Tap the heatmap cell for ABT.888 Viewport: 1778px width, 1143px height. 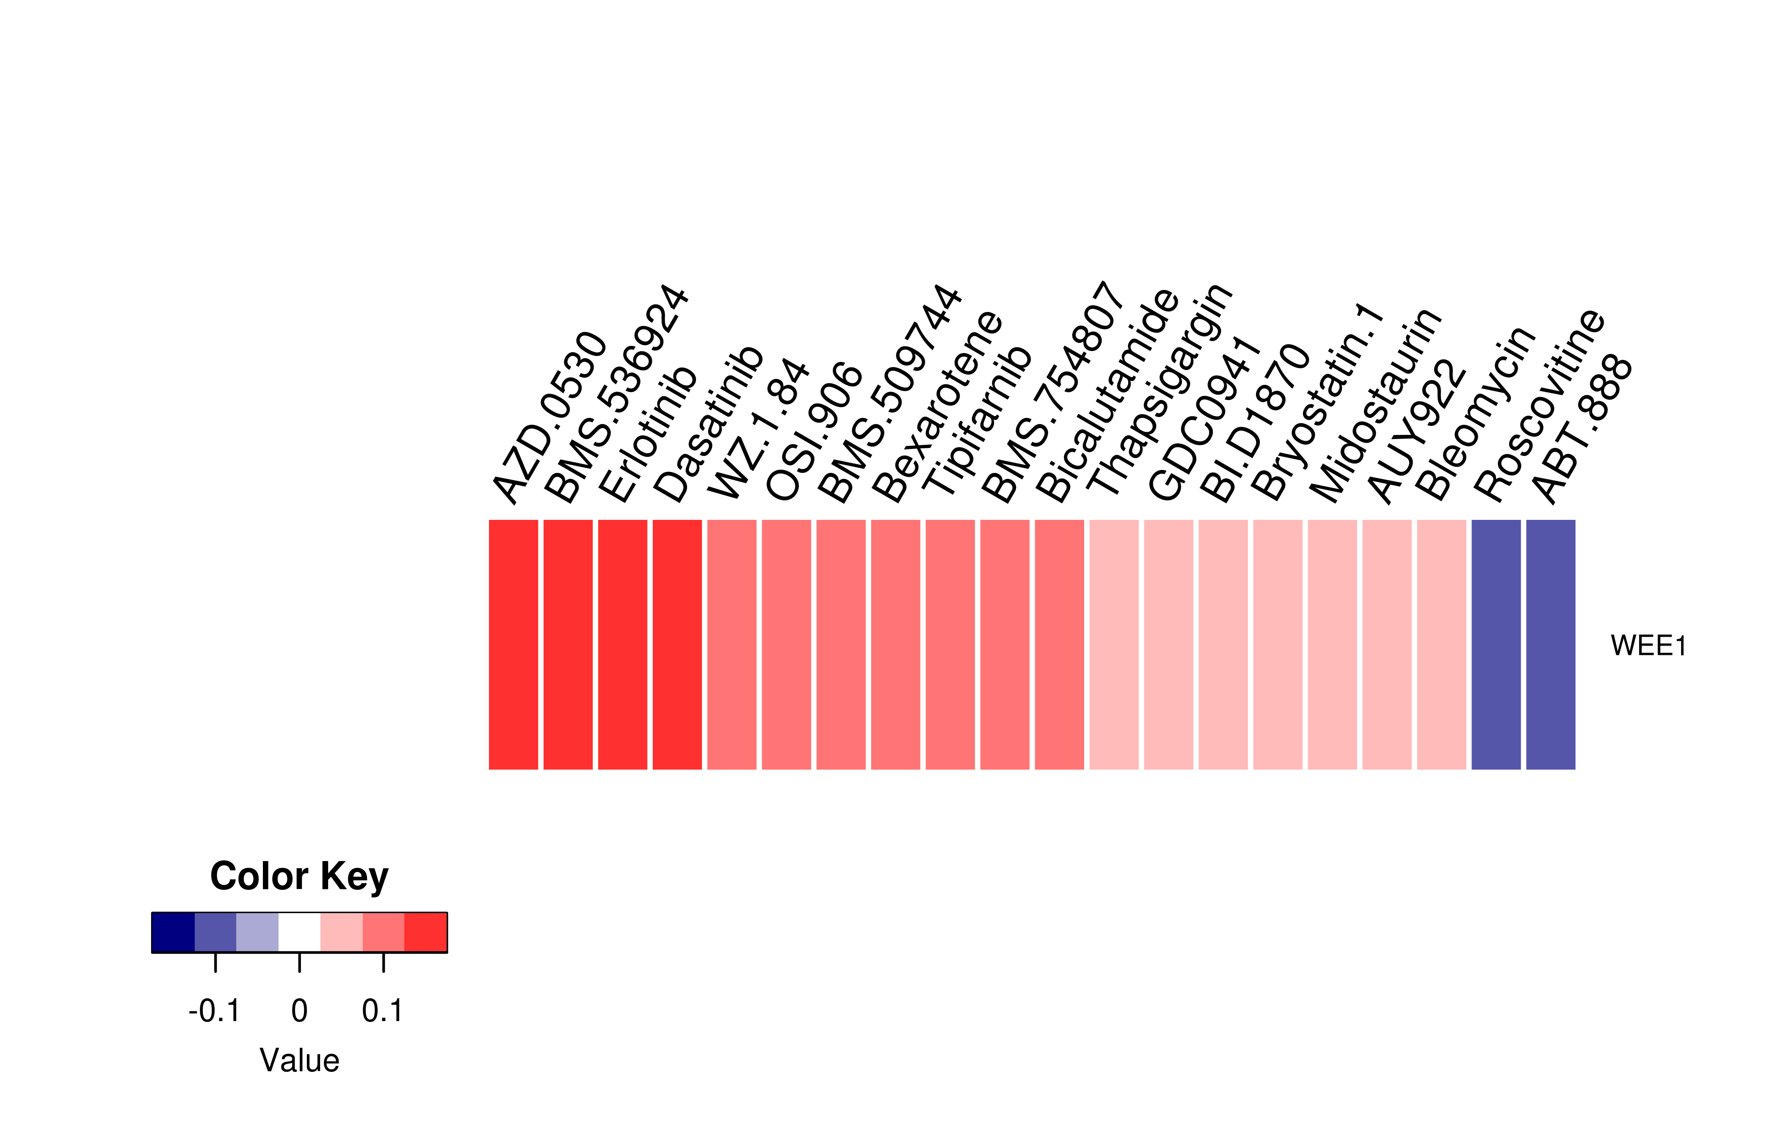pos(1550,644)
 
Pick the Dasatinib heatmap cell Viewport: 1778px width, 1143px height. pos(677,644)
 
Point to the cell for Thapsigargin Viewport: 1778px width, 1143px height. pos(1113,644)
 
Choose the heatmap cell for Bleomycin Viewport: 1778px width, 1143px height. pos(1441,644)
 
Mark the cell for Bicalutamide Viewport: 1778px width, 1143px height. pos(1059,644)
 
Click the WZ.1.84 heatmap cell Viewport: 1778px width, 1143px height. pos(732,644)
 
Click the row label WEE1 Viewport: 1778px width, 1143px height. pos(1648,646)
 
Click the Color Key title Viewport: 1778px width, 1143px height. pos(299,877)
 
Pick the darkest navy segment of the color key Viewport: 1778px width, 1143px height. pos(173,932)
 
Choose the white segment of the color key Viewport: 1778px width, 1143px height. pos(299,932)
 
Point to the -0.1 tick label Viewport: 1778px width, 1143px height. pos(215,1011)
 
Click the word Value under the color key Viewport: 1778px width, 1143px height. pos(299,1060)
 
